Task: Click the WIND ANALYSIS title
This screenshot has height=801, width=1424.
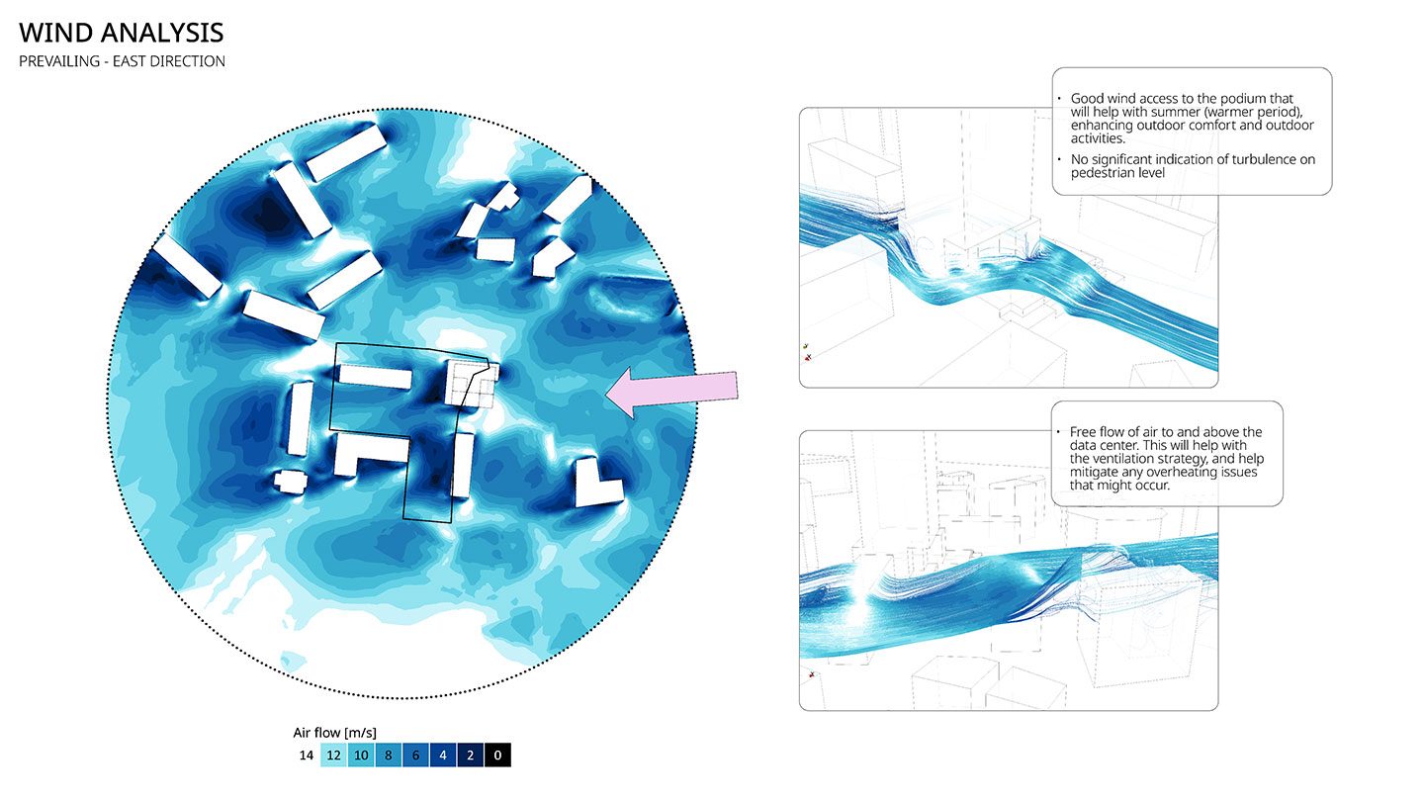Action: [x=122, y=33]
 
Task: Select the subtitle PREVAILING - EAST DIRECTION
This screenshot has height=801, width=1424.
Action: [x=122, y=61]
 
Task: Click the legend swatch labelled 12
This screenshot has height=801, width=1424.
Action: [x=334, y=756]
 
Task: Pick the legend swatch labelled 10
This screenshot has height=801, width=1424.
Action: [x=361, y=756]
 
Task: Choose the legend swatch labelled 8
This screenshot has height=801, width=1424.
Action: [x=389, y=756]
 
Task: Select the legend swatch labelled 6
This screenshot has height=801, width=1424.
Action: [x=415, y=756]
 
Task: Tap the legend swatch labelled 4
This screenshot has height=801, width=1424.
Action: [x=443, y=756]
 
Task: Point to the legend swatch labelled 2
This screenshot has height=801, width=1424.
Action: [x=471, y=756]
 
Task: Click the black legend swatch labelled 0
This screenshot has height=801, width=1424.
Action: [x=497, y=756]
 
